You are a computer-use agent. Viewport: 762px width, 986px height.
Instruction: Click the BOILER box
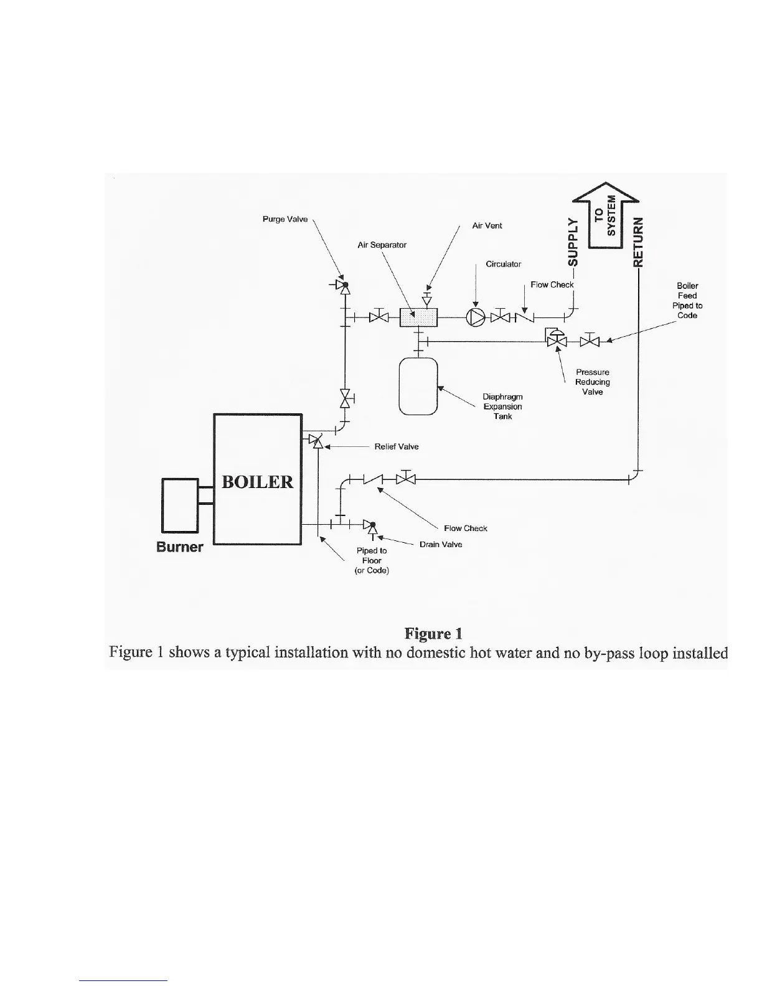[x=258, y=479]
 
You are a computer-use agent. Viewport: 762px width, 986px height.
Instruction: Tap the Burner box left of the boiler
[x=179, y=505]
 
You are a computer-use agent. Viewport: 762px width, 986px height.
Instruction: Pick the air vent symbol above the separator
[x=427, y=296]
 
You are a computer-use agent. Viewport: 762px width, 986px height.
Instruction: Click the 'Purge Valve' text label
[x=285, y=219]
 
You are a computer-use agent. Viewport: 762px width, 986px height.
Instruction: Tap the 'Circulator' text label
[x=503, y=264]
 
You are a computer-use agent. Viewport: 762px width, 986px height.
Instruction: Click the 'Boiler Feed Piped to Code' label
[x=687, y=301]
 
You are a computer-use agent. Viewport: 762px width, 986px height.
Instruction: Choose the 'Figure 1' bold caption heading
[x=433, y=634]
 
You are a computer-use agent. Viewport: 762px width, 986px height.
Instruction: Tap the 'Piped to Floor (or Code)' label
[x=372, y=560]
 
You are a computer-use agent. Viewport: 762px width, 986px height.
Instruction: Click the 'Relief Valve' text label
[x=397, y=446]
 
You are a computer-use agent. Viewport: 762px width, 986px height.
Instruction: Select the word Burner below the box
[x=179, y=547]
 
